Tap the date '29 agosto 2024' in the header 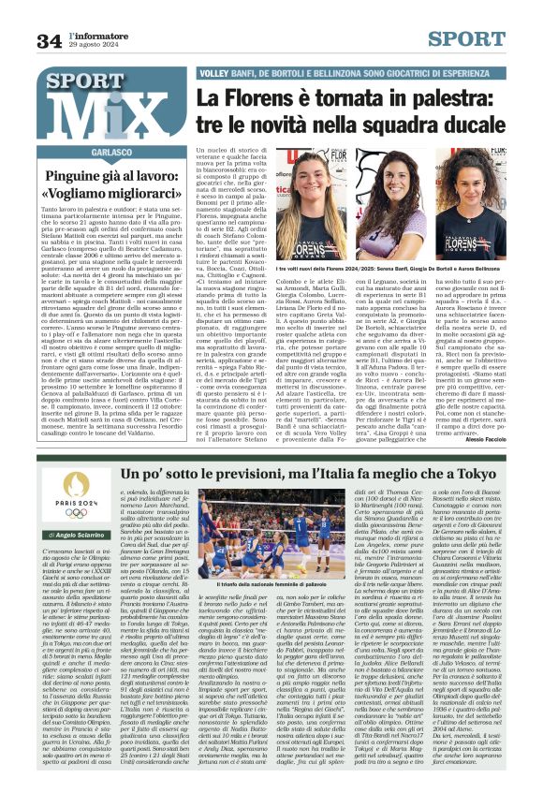[x=93, y=46]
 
